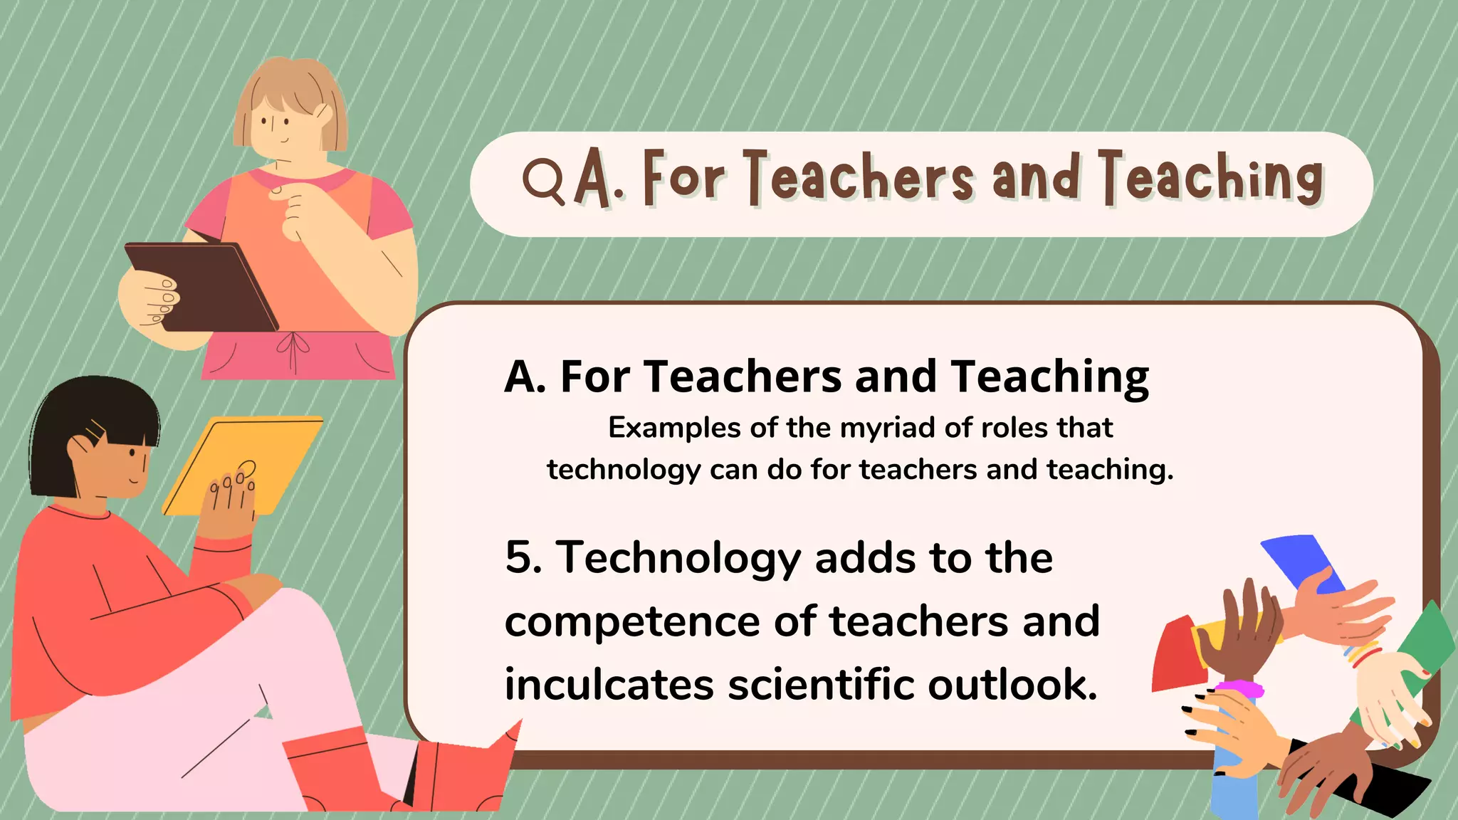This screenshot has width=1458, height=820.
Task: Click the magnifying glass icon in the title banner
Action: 542,180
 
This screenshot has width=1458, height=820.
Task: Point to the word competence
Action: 632,622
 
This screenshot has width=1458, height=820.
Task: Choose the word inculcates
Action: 609,685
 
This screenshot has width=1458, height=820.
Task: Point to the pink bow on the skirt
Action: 293,345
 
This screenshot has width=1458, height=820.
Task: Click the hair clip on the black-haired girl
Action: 95,431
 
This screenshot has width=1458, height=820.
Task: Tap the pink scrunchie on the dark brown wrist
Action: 1239,689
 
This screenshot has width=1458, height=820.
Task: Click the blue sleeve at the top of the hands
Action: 1299,559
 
